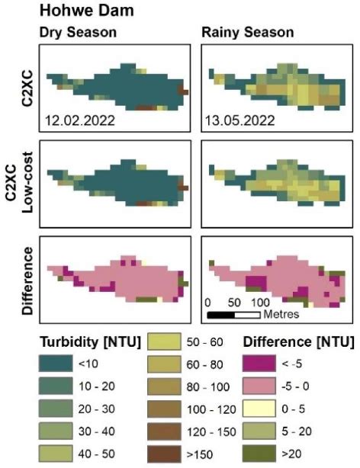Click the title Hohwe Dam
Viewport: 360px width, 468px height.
pyautogui.click(x=79, y=13)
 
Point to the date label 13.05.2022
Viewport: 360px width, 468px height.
pyautogui.click(x=239, y=120)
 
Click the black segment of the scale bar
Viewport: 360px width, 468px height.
pyautogui.click(x=221, y=313)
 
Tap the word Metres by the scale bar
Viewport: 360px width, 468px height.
pyautogui.click(x=281, y=313)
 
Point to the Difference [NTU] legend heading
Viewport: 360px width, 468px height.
pyautogui.click(x=297, y=340)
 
